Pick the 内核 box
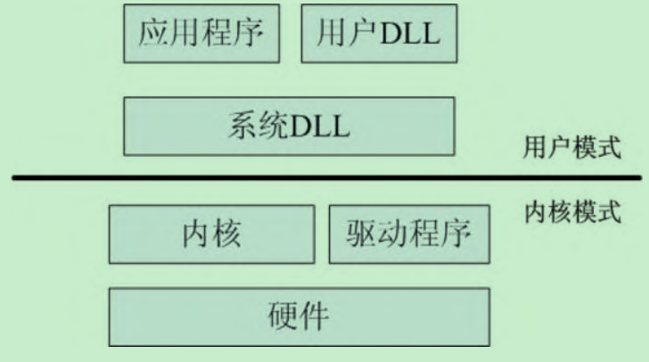[211, 234]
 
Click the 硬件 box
[299, 316]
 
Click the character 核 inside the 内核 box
[228, 234]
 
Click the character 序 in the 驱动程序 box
[452, 234]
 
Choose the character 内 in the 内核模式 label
[536, 214]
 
